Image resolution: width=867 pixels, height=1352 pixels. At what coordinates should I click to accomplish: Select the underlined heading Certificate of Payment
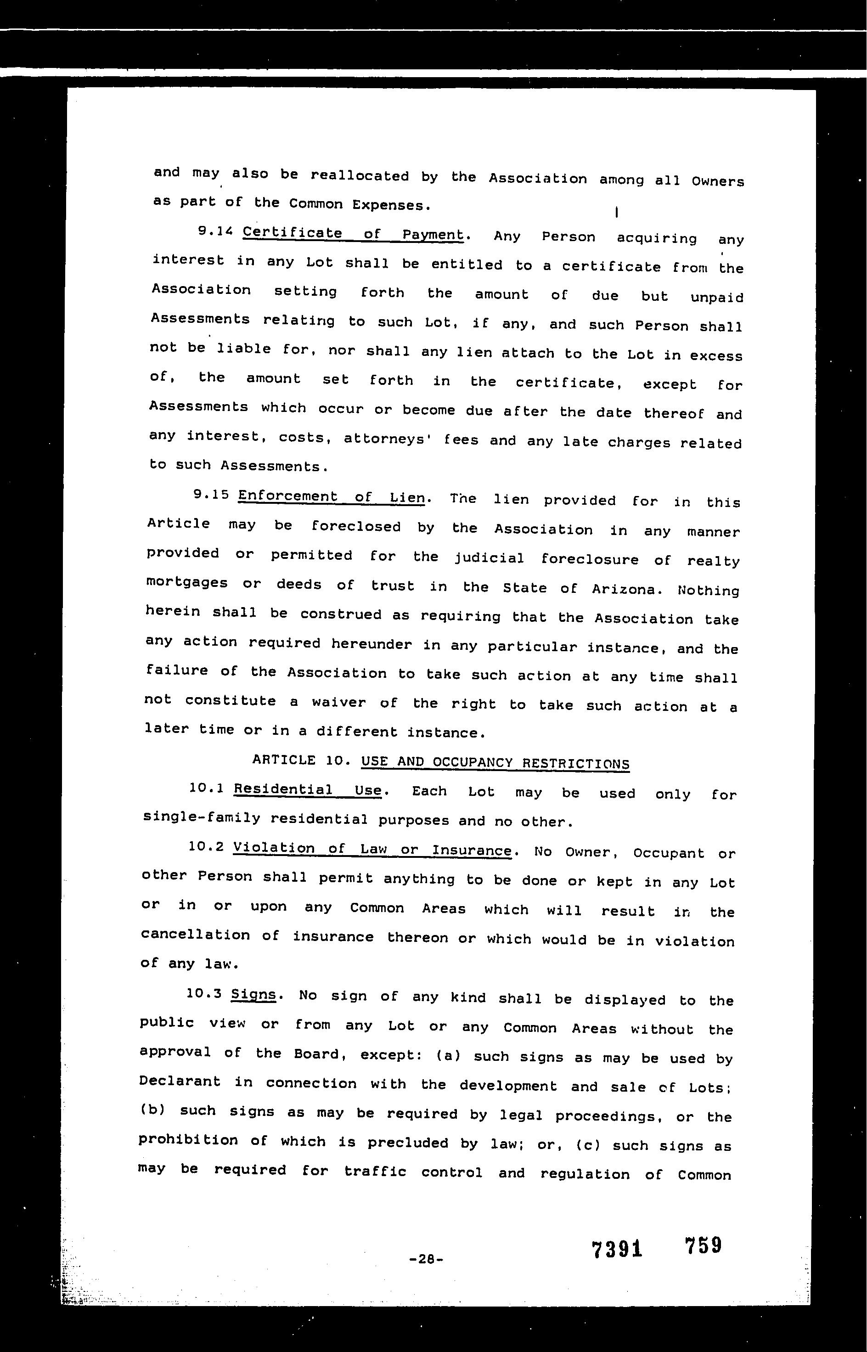coord(354,234)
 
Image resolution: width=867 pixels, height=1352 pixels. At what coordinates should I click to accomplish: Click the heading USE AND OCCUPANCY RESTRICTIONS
coord(495,763)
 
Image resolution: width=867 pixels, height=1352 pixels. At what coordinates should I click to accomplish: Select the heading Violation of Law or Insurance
coord(372,849)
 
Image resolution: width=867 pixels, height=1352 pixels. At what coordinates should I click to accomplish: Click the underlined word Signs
coord(254,995)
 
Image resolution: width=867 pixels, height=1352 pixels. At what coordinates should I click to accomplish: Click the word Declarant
coord(180,1081)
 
